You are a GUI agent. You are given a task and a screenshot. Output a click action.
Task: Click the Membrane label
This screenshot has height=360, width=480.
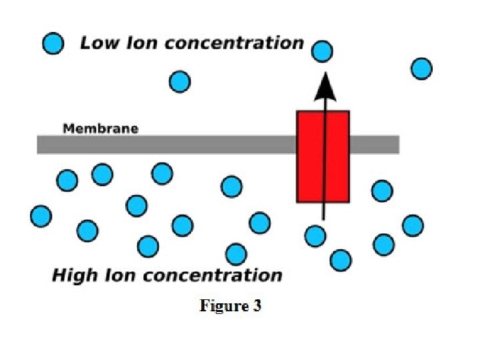pos(101,129)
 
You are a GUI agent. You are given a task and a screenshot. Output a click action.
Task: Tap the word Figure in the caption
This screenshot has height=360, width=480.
pos(223,307)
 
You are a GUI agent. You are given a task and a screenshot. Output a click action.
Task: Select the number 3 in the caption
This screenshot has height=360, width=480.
pos(257,307)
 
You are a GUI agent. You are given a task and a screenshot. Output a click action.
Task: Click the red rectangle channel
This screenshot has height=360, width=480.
pos(323,157)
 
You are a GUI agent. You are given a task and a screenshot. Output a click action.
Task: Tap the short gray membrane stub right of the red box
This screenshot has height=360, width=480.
pos(374,145)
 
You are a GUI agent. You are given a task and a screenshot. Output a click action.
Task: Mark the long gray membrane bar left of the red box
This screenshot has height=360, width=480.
pos(166,145)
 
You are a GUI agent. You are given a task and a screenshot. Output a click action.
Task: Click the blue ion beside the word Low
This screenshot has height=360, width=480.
pos(53,44)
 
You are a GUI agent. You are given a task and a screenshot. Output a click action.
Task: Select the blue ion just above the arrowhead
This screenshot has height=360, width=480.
pos(323,51)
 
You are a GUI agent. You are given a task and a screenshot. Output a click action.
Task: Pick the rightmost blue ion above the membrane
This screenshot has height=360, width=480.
pos(421,68)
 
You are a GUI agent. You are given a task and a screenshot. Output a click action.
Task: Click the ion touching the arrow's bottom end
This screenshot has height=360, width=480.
pos(315,235)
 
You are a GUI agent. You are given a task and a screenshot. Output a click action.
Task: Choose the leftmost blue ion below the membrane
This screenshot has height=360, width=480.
pos(41,216)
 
